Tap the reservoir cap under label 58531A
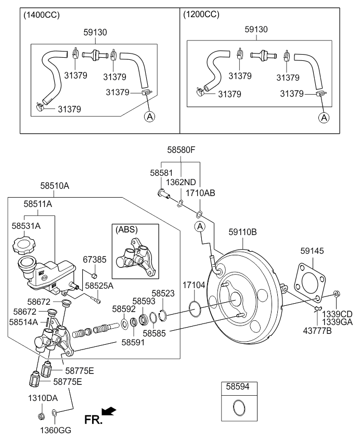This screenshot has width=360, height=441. tap(23, 244)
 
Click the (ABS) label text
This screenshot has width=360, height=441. tap(126, 229)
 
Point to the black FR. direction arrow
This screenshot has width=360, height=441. tap(109, 412)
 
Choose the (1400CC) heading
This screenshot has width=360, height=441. tap(42, 15)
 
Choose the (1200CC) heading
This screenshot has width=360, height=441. tap(201, 15)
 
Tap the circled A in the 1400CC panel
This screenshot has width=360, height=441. tap(149, 117)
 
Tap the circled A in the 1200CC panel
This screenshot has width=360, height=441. tap(324, 118)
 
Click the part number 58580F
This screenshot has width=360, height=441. tap(181, 150)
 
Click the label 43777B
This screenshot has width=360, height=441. tap(317, 330)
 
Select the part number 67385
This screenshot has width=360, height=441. tap(94, 258)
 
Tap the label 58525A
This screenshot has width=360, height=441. tap(99, 286)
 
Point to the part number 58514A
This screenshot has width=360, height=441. tap(23, 322)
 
